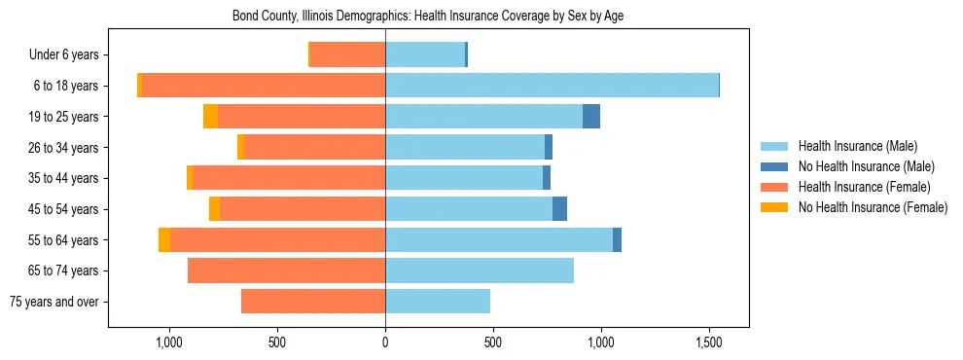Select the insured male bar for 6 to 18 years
pos(552,86)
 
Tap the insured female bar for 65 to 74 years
pos(286,270)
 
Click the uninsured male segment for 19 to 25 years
pos(591,117)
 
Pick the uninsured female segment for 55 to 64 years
pos(164,239)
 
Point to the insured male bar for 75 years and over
pos(438,302)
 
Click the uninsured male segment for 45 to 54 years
pos(559,208)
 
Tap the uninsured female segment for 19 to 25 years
pos(210,117)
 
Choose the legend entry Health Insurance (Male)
pos(857,146)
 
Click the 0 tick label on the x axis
pos(385,342)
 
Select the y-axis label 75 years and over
pos(53,302)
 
